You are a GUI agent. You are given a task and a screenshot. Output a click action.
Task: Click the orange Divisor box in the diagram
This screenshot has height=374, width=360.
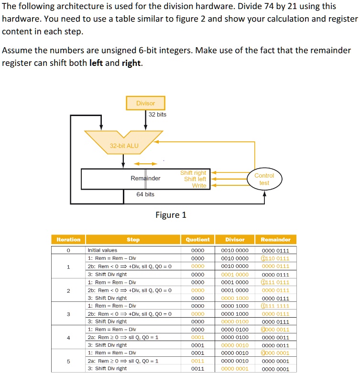pyautogui.click(x=145, y=103)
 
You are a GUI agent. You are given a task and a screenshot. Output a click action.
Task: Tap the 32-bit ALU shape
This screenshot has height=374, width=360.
pyautogui.click(x=123, y=143)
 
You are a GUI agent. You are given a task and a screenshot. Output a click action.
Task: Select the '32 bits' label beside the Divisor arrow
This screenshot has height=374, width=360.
pyautogui.click(x=157, y=115)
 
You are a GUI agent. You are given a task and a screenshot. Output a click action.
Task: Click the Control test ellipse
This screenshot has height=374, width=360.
pyautogui.click(x=264, y=180)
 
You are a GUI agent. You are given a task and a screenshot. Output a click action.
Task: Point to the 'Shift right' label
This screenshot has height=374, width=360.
pyautogui.click(x=193, y=173)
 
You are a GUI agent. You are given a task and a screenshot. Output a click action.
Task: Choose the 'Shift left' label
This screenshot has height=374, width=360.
pyautogui.click(x=195, y=179)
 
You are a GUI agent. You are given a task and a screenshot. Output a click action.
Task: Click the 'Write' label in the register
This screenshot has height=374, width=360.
pyautogui.click(x=199, y=185)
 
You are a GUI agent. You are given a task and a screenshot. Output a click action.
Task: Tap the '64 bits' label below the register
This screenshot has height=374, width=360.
pyautogui.click(x=145, y=194)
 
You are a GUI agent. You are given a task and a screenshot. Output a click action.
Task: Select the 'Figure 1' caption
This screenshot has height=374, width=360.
pyautogui.click(x=171, y=215)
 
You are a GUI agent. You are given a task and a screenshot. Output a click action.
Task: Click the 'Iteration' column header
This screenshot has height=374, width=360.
pyautogui.click(x=68, y=239)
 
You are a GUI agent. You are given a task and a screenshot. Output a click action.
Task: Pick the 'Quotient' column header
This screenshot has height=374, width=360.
pyautogui.click(x=197, y=239)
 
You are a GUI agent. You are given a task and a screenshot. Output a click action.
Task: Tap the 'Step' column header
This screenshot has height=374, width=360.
pyautogui.click(x=133, y=239)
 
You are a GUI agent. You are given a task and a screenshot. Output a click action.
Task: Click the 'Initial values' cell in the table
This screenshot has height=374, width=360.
pyautogui.click(x=102, y=250)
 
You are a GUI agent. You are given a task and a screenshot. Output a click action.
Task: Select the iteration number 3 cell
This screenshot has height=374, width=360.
pyautogui.click(x=68, y=314)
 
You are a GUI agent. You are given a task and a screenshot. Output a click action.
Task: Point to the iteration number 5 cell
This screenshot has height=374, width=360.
pyautogui.click(x=68, y=361)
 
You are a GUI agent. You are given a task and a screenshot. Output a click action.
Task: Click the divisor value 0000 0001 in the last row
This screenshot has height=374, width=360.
pyautogui.click(x=235, y=369)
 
